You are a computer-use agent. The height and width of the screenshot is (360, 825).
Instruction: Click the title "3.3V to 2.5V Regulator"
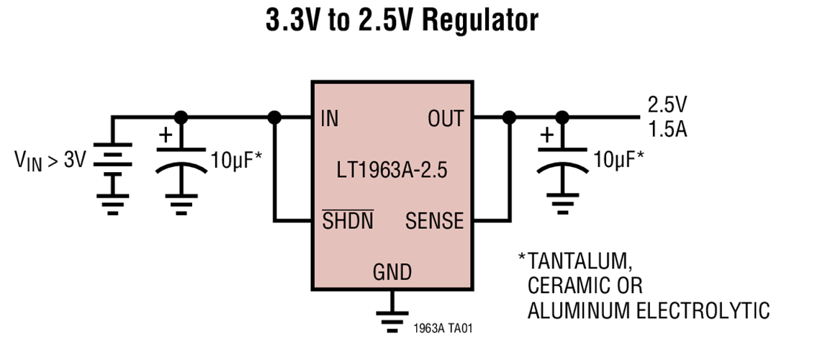point(402,21)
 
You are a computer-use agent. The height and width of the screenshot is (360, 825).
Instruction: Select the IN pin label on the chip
point(329,119)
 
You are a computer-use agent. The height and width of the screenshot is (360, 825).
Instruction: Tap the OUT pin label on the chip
point(446,119)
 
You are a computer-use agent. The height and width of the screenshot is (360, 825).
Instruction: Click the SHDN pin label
point(348,221)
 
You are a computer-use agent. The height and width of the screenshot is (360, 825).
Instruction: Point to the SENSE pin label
point(434,221)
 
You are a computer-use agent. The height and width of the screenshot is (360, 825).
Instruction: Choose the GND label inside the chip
point(392,272)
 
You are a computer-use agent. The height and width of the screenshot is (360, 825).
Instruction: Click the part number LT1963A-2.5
point(392,173)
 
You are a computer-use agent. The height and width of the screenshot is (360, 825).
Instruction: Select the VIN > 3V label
point(50,160)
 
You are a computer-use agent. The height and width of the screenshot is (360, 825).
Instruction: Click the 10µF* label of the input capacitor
point(236,159)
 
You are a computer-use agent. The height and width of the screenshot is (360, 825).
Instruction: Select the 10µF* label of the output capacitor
point(618,159)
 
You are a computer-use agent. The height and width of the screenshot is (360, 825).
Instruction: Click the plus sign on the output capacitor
point(547,135)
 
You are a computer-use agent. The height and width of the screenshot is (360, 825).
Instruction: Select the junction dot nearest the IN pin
point(274,117)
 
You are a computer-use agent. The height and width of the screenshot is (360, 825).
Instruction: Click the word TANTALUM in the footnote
point(580,260)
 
